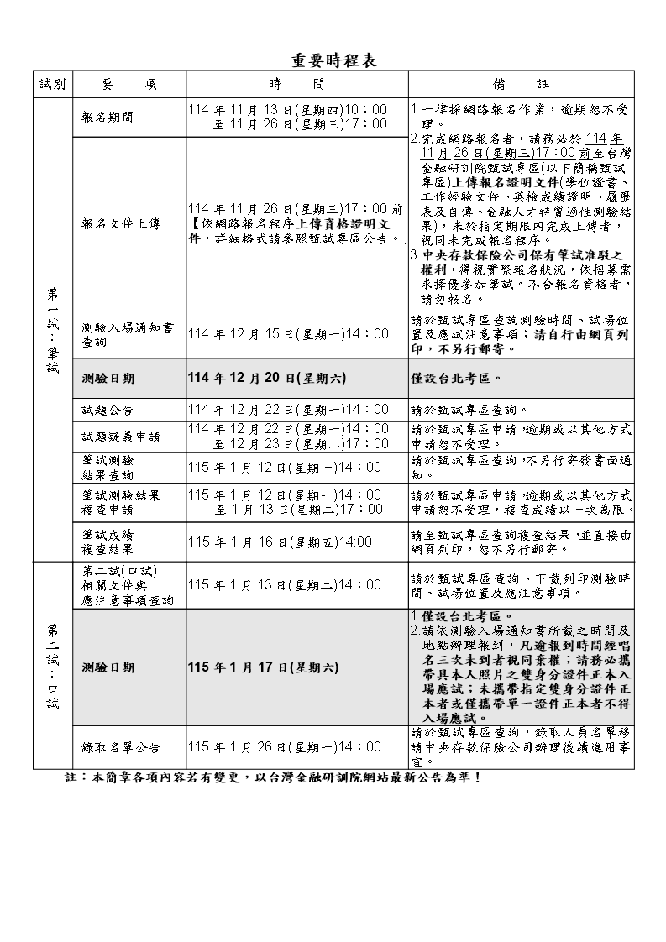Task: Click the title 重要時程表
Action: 333,60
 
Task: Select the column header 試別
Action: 52,85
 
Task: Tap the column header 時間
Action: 296,85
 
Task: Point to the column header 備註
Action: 521,85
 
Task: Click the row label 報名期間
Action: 107,118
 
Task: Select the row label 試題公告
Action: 107,411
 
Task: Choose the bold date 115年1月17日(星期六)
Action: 264,667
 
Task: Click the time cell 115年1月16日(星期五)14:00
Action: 281,542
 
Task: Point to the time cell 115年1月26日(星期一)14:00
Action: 285,747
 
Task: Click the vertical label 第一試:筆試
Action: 52,332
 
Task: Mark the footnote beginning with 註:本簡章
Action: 273,778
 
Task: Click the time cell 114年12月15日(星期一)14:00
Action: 288,334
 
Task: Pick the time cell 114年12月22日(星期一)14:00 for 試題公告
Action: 288,411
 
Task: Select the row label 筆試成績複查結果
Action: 107,542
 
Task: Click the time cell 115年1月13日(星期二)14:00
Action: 285,585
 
